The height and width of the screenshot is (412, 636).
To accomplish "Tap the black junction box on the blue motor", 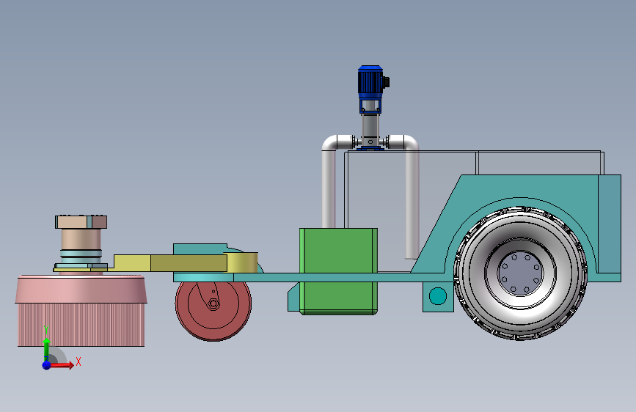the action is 386,82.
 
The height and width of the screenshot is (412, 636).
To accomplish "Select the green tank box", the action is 338,271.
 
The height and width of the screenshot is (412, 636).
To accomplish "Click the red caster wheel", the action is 213,310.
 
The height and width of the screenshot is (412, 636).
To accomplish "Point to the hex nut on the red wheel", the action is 213,304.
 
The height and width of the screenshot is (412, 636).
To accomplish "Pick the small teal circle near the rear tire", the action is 438,296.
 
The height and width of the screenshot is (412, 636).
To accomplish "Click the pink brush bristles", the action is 81,325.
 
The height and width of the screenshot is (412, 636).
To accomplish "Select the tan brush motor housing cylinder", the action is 81,240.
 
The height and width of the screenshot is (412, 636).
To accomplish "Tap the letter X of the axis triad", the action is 78,361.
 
